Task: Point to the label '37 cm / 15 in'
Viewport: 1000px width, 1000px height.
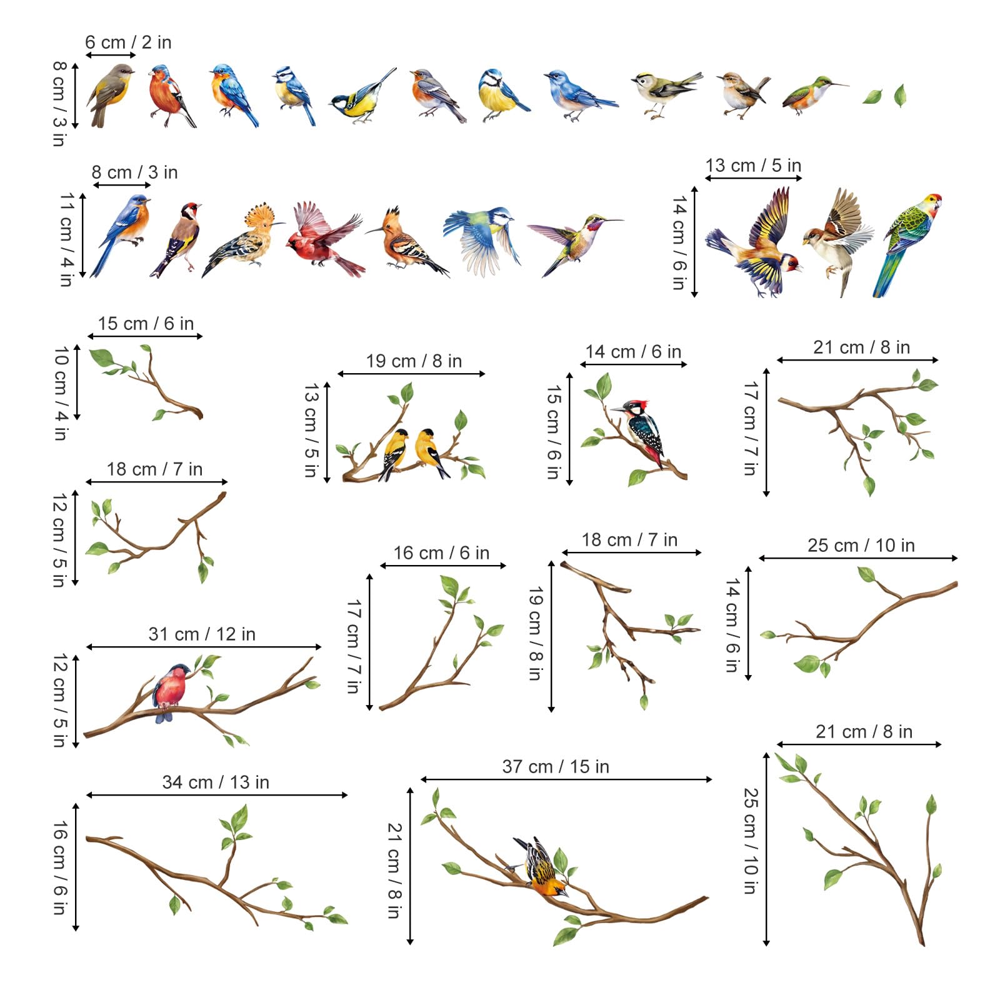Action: tap(556, 767)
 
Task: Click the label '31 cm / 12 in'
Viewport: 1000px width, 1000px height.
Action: tap(202, 634)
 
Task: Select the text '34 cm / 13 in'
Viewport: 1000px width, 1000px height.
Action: tap(216, 782)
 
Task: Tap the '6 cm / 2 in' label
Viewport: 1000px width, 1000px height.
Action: tap(128, 42)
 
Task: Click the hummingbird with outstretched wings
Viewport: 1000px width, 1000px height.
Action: tap(575, 241)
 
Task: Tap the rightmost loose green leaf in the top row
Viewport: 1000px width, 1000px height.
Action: tap(900, 95)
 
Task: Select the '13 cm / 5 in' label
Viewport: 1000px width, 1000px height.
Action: tap(753, 166)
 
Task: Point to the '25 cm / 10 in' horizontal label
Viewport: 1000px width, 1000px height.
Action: tap(861, 546)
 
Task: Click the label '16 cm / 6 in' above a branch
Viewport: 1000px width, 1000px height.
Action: tap(441, 553)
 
